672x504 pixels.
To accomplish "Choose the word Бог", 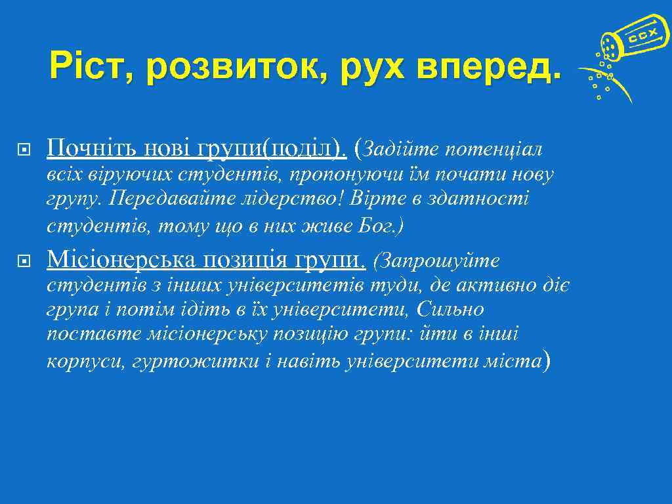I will point(381,226).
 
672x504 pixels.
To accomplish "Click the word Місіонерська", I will point(121,261).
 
